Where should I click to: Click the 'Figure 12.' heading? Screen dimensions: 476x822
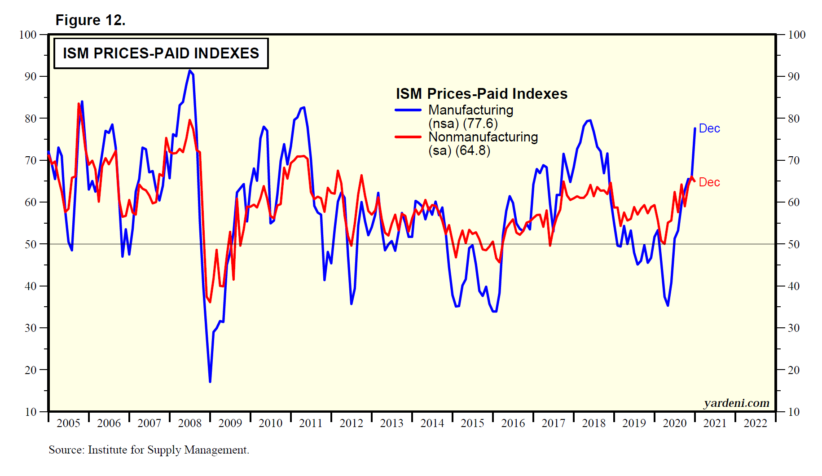click(x=90, y=20)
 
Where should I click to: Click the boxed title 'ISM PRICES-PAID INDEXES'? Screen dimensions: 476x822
click(x=161, y=53)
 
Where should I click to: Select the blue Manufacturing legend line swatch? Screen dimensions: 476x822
click(x=408, y=110)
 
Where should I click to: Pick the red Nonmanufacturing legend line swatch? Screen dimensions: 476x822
click(x=408, y=137)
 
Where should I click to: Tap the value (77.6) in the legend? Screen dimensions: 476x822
click(x=480, y=123)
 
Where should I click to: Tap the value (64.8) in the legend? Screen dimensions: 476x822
click(x=473, y=150)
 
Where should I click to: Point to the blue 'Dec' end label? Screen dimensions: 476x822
click(x=709, y=128)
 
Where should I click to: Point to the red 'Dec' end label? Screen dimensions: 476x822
click(x=709, y=182)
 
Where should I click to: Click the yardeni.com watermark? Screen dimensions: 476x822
click(x=736, y=403)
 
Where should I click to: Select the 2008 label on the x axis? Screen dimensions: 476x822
click(x=189, y=423)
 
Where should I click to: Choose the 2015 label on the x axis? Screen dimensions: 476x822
click(x=472, y=423)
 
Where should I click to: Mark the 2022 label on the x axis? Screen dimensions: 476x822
click(x=755, y=423)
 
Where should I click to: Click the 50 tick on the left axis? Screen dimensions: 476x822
click(x=31, y=244)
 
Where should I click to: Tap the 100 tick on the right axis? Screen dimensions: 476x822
click(x=797, y=35)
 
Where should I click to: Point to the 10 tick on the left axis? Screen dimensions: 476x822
click(x=31, y=412)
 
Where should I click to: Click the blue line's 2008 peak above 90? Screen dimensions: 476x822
click(x=190, y=71)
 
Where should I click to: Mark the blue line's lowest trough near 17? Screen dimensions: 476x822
click(x=210, y=382)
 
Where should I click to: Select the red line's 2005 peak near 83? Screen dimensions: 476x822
click(x=79, y=104)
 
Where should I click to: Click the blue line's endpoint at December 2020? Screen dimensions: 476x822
click(x=695, y=128)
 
